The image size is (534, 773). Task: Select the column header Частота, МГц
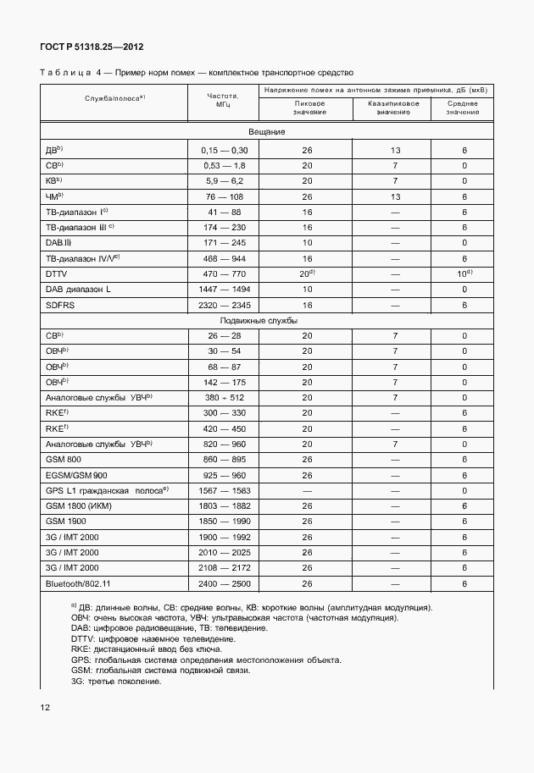[x=222, y=101]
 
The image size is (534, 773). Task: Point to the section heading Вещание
[x=266, y=132]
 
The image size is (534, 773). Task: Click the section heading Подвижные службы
[x=266, y=321]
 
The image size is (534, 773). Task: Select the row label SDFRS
[x=61, y=305]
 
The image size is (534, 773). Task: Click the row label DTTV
[x=56, y=274]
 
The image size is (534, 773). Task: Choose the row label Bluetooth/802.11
[x=78, y=584]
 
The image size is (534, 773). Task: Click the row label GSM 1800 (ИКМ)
[x=79, y=506]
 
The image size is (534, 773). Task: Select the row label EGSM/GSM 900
[x=77, y=476]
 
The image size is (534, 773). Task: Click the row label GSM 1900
[x=66, y=522]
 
